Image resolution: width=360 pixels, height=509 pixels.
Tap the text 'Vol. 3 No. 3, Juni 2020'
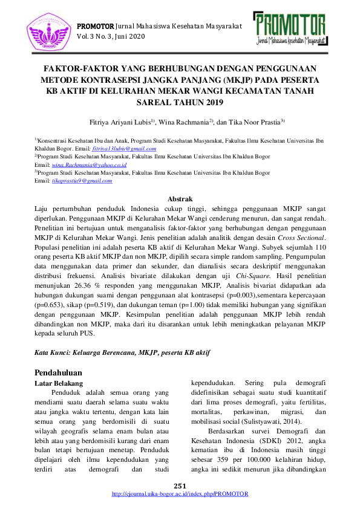pyautogui.click(x=111, y=37)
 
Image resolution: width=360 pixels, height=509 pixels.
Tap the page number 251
pyautogui.click(x=180, y=486)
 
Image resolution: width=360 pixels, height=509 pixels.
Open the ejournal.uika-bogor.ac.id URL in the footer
pyautogui.click(x=180, y=494)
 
